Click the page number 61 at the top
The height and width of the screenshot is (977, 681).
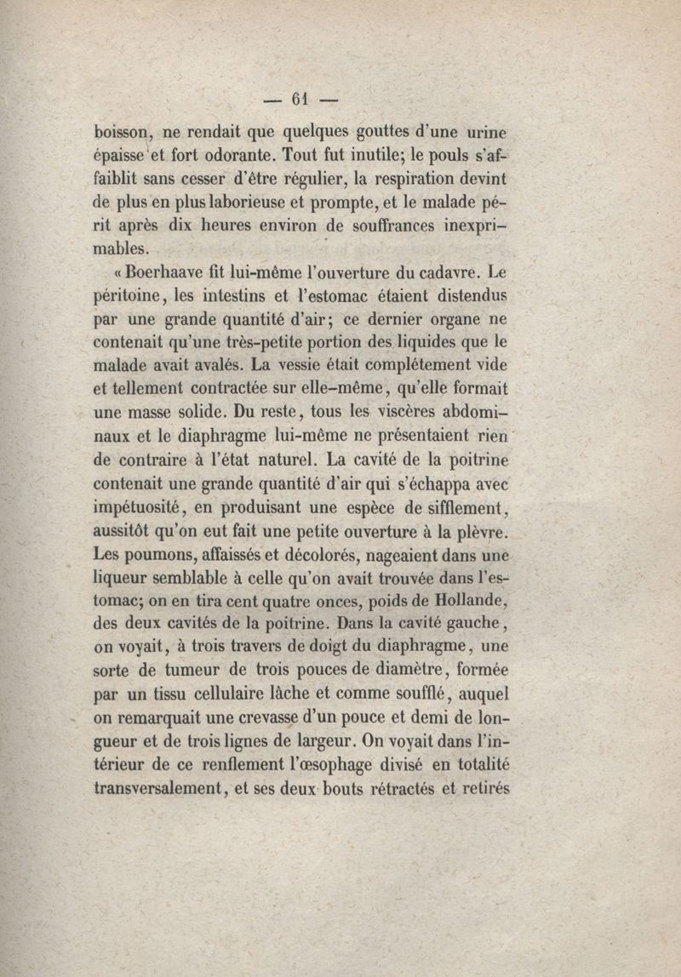tap(299, 99)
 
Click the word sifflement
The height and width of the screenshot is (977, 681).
tap(465, 508)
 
